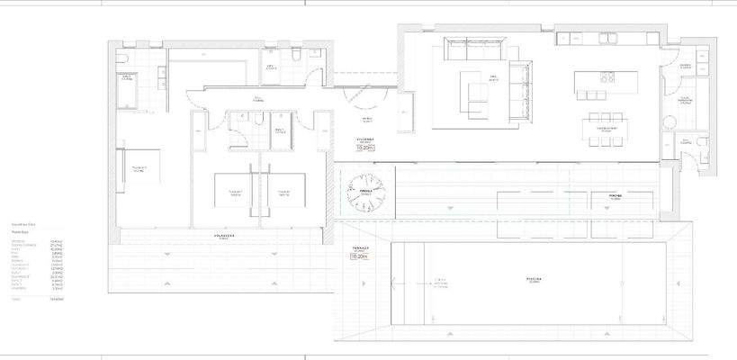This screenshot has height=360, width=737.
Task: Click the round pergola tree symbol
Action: (x=366, y=190)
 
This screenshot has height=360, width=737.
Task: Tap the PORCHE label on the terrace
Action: (x=616, y=194)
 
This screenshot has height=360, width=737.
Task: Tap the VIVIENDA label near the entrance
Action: (x=364, y=139)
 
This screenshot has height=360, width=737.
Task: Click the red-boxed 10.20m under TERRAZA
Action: (x=360, y=256)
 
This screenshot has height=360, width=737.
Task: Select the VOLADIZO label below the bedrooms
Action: (x=224, y=236)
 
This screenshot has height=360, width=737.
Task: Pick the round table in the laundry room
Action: (x=670, y=121)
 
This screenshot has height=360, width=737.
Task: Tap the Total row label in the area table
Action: (x=16, y=297)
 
